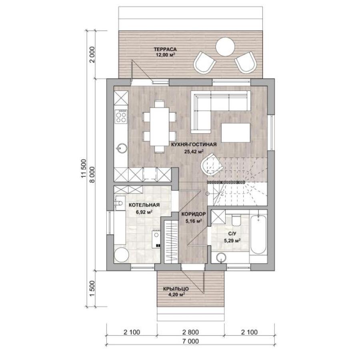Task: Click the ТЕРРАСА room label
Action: [165, 49]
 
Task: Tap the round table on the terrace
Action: [225, 47]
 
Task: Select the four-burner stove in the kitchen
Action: [121, 116]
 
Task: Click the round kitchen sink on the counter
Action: [122, 148]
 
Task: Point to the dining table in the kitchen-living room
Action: [159, 126]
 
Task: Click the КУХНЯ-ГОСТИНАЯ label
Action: [194, 144]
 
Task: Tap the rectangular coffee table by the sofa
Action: [236, 133]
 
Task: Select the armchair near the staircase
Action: [212, 164]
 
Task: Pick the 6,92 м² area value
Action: [144, 212]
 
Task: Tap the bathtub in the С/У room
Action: [259, 235]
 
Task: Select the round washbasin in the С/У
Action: [221, 258]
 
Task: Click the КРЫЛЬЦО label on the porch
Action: [176, 289]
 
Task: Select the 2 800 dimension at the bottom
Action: [190, 332]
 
